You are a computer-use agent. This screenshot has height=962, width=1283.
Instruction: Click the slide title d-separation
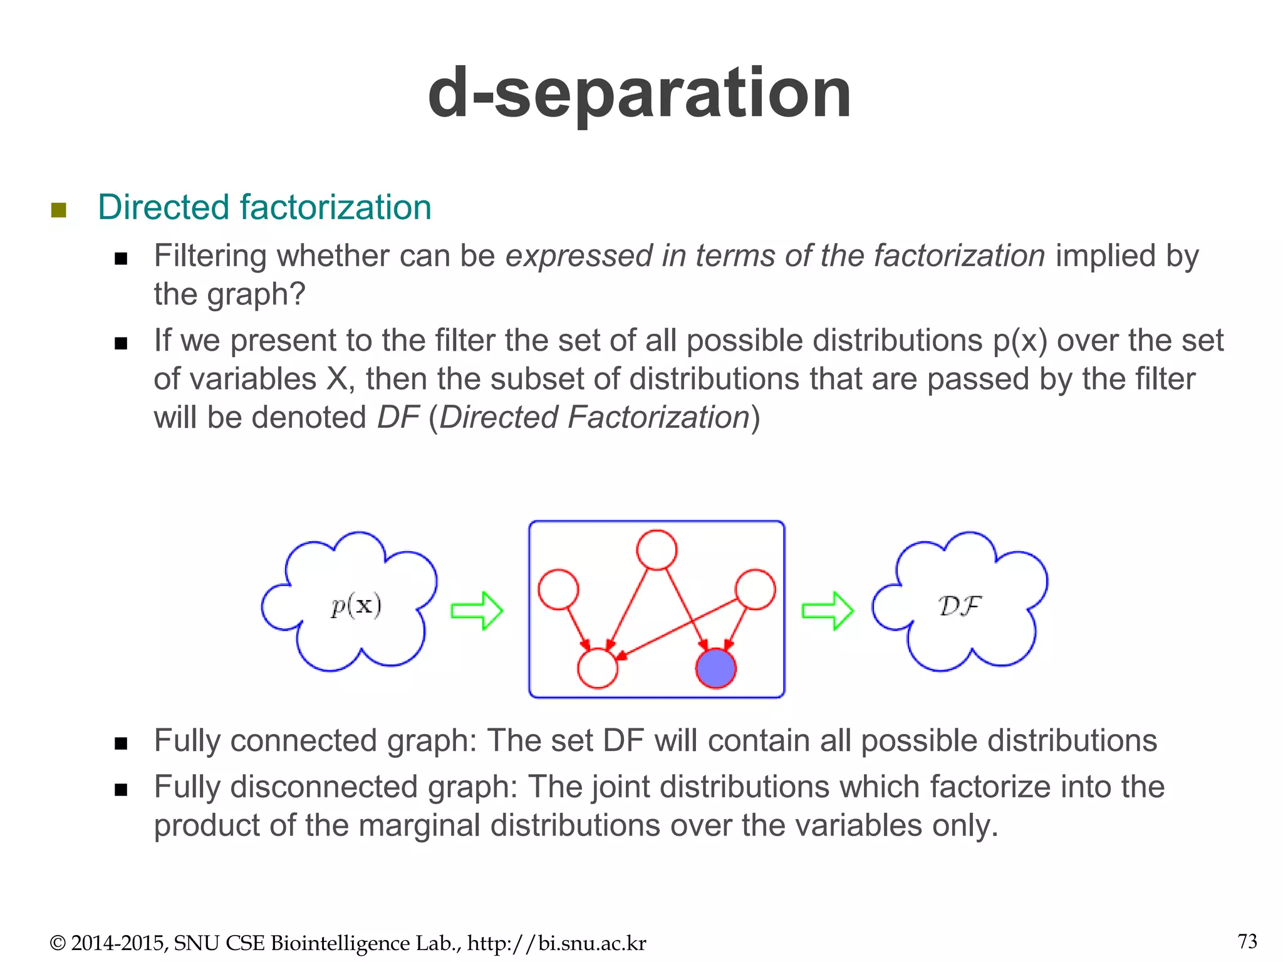(639, 94)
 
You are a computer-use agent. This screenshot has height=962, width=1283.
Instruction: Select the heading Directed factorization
(264, 207)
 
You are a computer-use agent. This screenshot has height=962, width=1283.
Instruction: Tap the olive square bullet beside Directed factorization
(59, 210)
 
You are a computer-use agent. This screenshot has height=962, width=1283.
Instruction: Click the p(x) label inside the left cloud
(356, 606)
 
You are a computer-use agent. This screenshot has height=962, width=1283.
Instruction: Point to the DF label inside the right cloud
(959, 606)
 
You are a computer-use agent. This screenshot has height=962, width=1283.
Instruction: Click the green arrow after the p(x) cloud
(477, 611)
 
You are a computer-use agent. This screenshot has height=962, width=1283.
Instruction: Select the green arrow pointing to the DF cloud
(828, 611)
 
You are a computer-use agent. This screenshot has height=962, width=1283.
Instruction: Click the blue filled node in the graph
(716, 668)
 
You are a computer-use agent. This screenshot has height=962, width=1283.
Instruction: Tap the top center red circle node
(657, 550)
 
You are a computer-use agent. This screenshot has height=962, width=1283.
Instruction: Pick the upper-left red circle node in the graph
(558, 589)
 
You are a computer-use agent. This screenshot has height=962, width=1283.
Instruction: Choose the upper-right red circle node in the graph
(755, 589)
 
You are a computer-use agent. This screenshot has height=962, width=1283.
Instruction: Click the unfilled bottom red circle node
(598, 668)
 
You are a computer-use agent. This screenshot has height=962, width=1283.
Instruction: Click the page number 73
(1247, 941)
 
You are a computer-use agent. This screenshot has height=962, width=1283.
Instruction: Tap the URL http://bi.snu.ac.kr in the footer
(557, 943)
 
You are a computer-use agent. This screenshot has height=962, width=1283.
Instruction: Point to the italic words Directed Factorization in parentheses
(595, 418)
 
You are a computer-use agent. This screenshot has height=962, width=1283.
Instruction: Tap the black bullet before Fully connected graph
(121, 743)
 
